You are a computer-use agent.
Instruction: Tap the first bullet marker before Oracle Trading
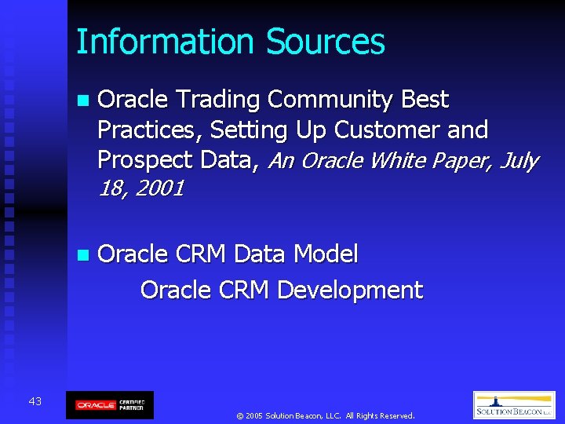83,101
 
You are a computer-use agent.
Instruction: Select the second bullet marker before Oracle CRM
83,255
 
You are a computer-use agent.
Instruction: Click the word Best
425,101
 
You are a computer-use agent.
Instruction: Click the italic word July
518,161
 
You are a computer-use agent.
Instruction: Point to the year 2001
161,189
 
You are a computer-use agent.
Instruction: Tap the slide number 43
35,402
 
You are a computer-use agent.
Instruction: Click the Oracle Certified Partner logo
109,405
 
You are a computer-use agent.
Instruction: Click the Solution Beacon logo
514,405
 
